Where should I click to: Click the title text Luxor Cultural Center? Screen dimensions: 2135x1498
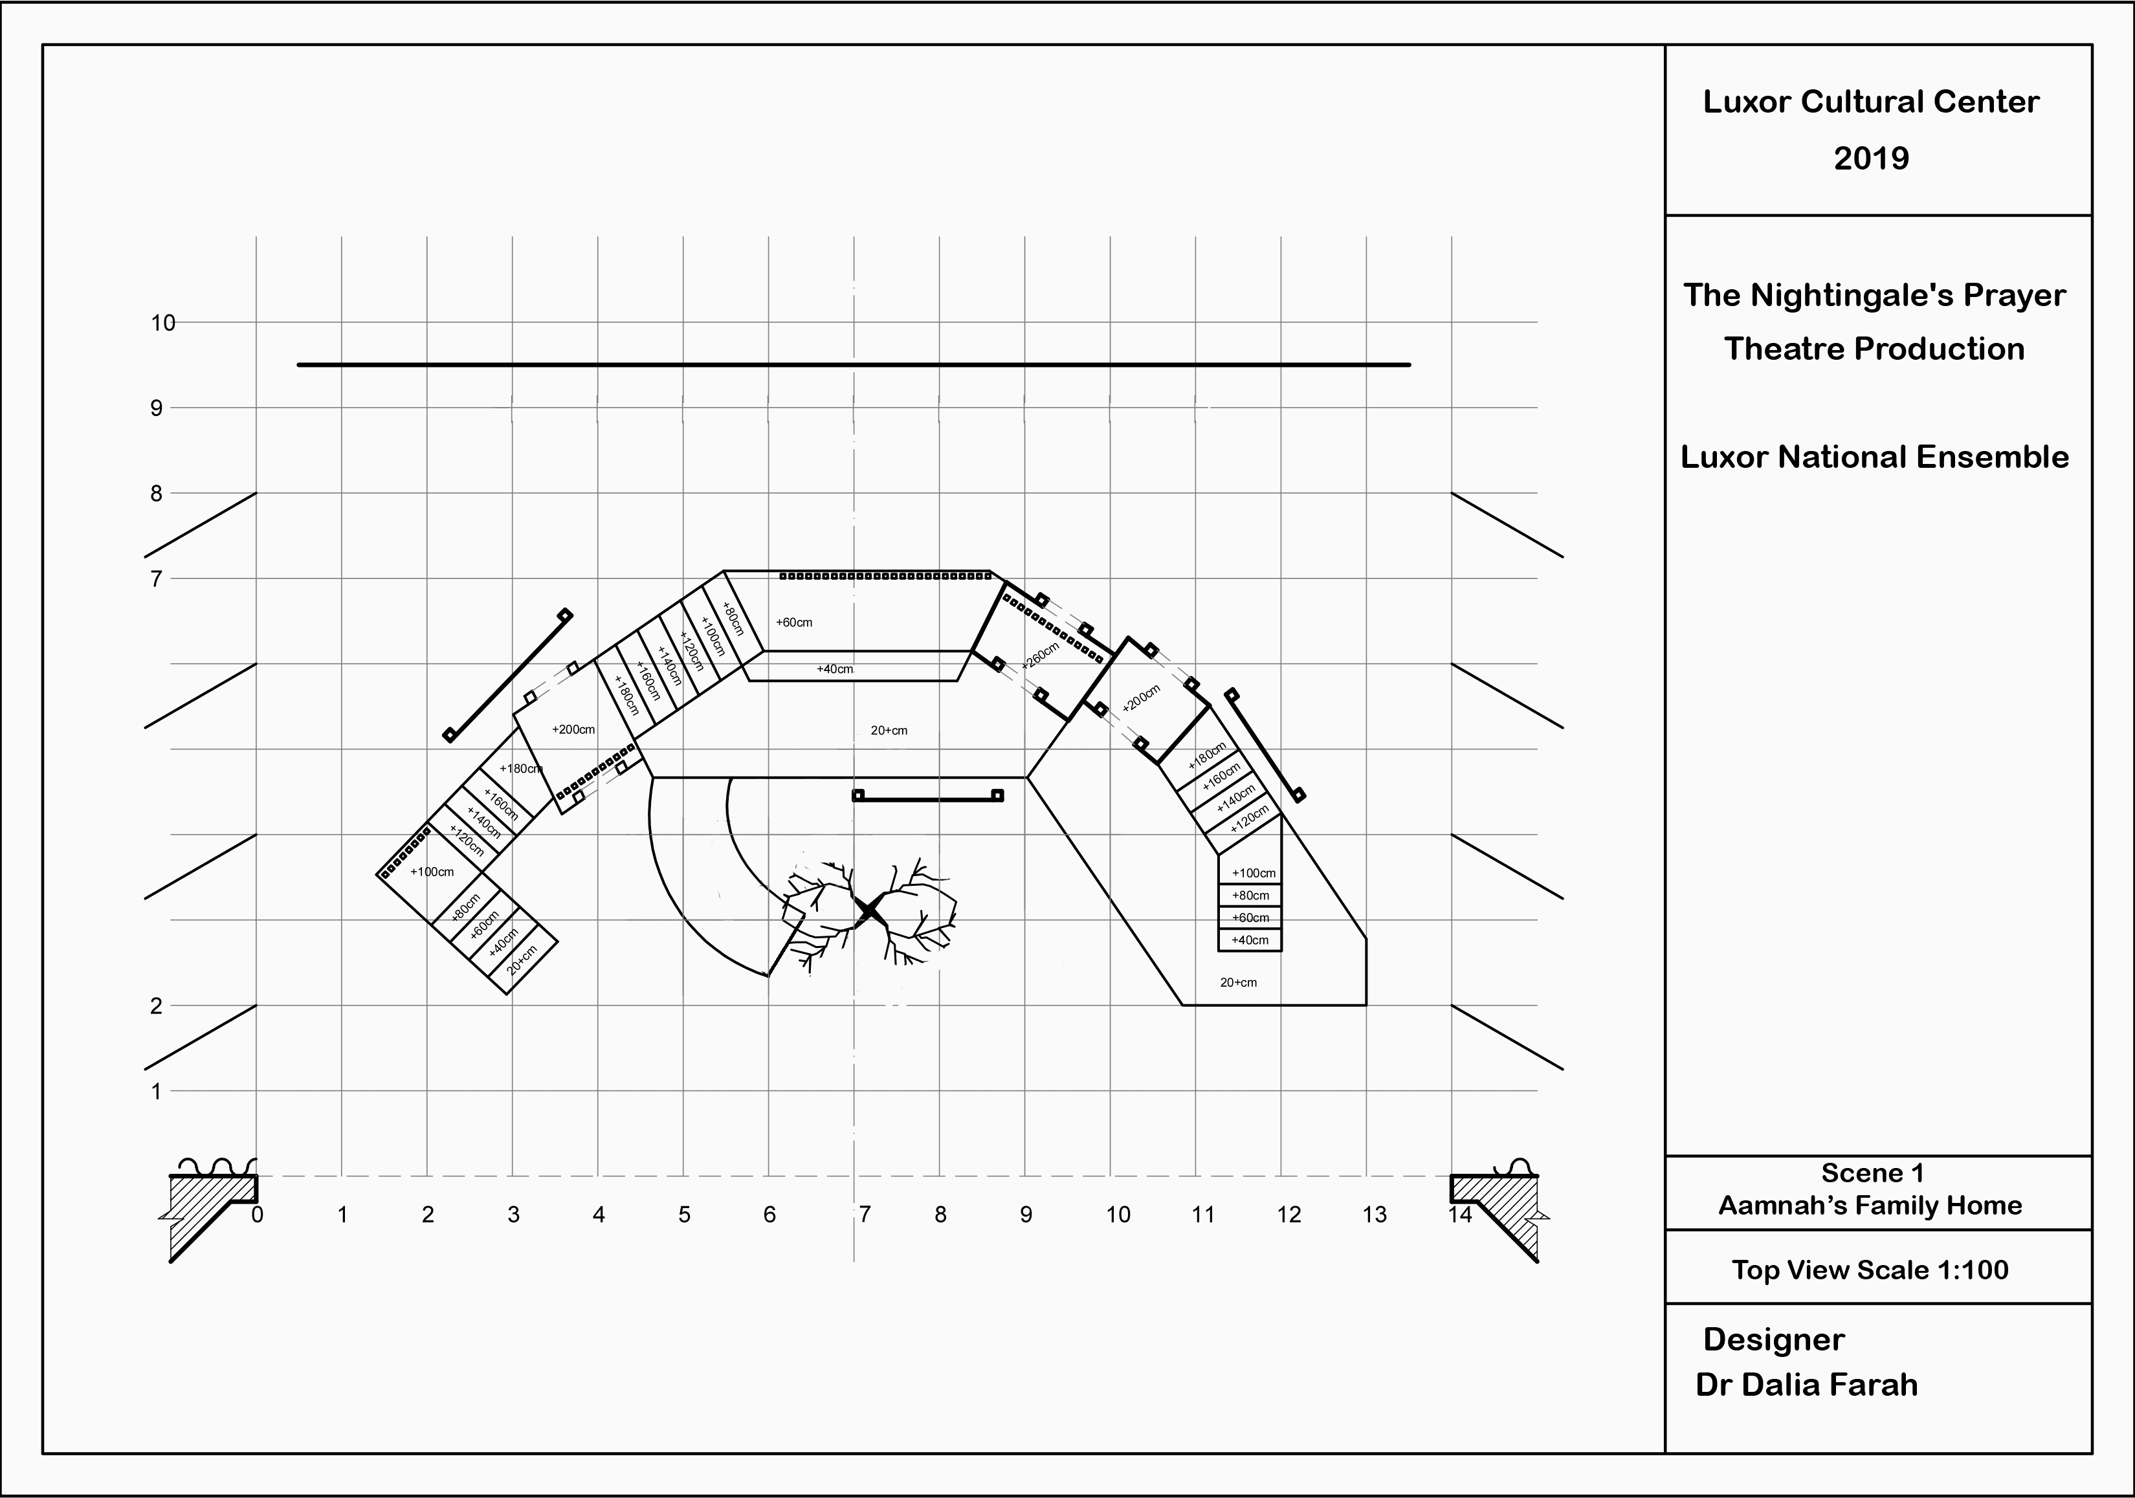(x=1871, y=102)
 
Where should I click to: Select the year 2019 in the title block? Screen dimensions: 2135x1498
(x=1871, y=158)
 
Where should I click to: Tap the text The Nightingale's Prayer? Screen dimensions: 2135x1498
(x=1874, y=296)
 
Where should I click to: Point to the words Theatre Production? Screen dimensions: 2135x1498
(x=1874, y=349)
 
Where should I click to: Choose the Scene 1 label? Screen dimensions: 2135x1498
(x=1872, y=1173)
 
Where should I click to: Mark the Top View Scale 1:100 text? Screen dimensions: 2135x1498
(x=1870, y=1270)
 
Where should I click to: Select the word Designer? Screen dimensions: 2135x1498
(x=1773, y=1340)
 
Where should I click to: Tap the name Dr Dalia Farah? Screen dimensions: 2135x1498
(x=1806, y=1385)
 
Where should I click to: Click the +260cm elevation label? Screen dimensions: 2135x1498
(x=1039, y=655)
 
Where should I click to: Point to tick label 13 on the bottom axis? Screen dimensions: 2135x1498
(x=1375, y=1215)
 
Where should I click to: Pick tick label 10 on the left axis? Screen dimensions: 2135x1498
(x=162, y=323)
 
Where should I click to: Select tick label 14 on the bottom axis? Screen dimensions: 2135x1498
(x=1460, y=1215)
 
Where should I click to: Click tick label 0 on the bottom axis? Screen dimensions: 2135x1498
(x=258, y=1215)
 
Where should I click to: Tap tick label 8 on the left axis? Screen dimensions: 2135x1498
(x=156, y=494)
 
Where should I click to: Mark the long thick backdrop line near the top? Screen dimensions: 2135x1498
(x=854, y=364)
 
